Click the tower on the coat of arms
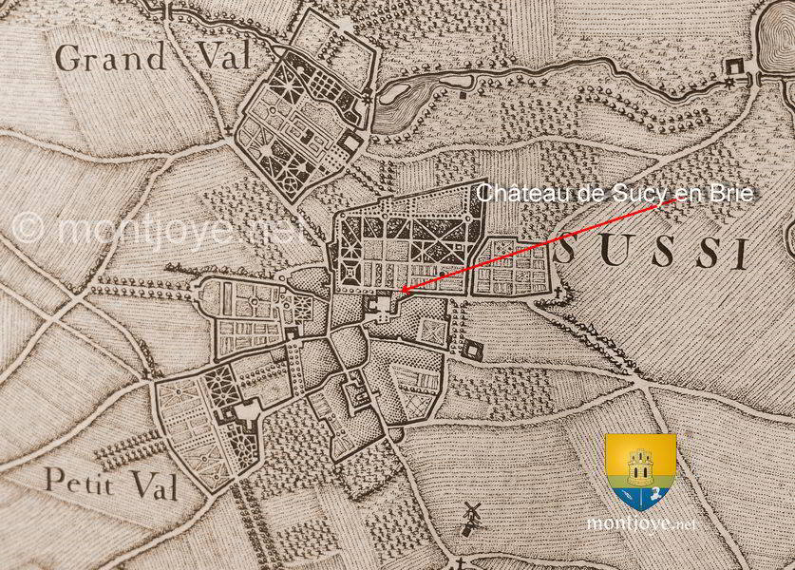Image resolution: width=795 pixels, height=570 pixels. (640, 463)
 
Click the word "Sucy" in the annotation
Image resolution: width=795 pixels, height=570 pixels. (642, 193)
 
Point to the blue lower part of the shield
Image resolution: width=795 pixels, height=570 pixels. (640, 494)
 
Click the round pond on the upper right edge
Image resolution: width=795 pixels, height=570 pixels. (778, 38)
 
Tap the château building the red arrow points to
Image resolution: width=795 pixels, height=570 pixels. (382, 306)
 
